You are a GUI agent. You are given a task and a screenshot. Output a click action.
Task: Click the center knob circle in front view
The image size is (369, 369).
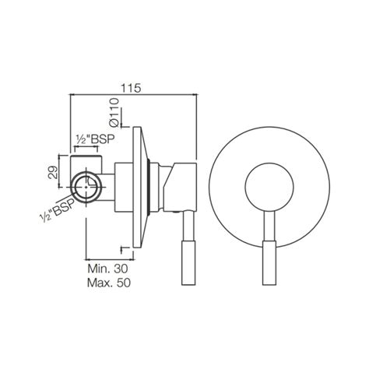(269, 188)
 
